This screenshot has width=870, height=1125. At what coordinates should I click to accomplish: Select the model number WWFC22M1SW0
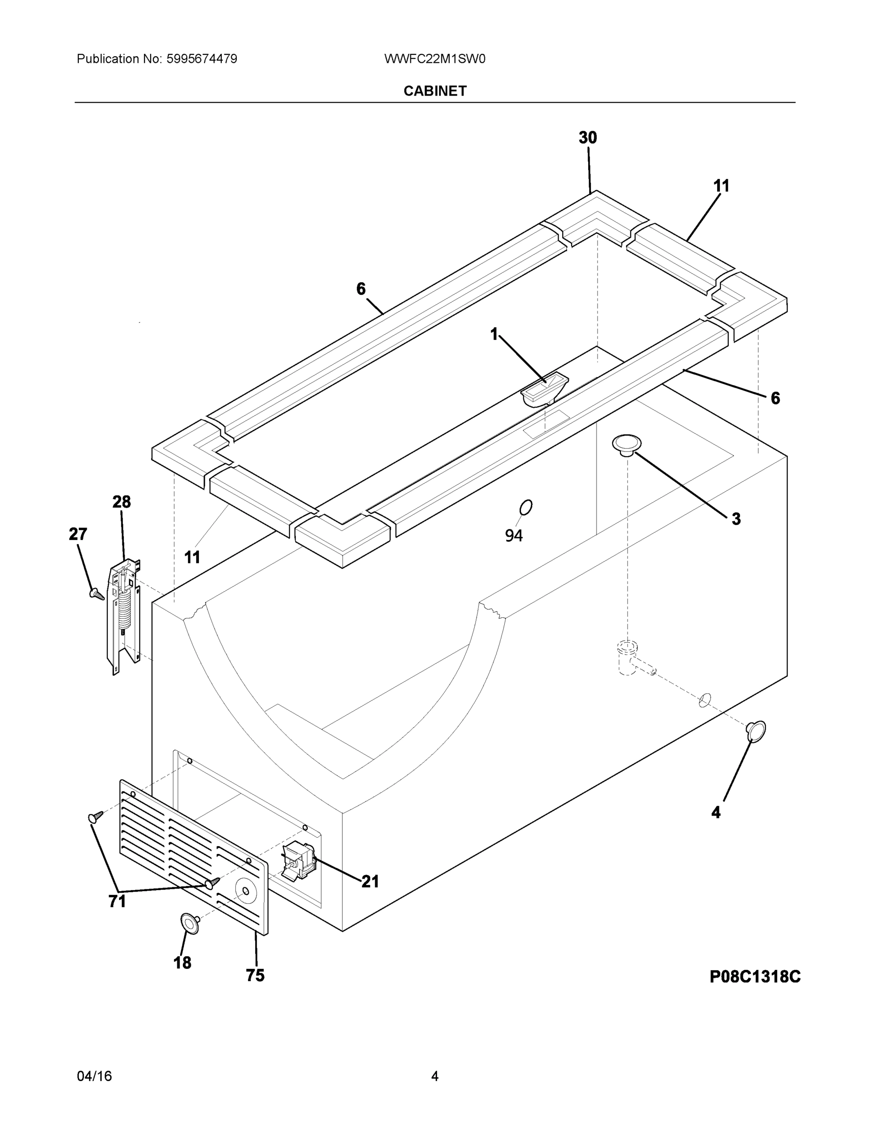pyautogui.click(x=434, y=59)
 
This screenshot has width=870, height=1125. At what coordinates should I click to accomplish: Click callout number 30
pyautogui.click(x=588, y=138)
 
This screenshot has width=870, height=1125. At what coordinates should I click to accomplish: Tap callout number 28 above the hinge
pyautogui.click(x=121, y=502)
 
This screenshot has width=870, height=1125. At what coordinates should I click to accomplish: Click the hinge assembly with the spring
pyautogui.click(x=124, y=615)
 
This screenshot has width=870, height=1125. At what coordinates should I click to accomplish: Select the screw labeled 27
pyautogui.click(x=96, y=594)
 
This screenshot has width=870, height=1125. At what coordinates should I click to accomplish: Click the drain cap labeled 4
pyautogui.click(x=756, y=731)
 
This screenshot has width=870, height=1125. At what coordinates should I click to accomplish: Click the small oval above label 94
pyautogui.click(x=526, y=507)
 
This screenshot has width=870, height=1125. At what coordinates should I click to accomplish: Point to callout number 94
pyautogui.click(x=514, y=536)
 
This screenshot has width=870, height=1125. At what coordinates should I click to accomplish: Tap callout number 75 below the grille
pyautogui.click(x=255, y=975)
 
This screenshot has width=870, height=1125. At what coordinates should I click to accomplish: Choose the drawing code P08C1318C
pyautogui.click(x=755, y=977)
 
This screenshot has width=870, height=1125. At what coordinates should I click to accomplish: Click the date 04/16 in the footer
pyautogui.click(x=94, y=1076)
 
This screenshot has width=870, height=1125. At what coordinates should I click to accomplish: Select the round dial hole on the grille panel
pyautogui.click(x=245, y=891)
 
